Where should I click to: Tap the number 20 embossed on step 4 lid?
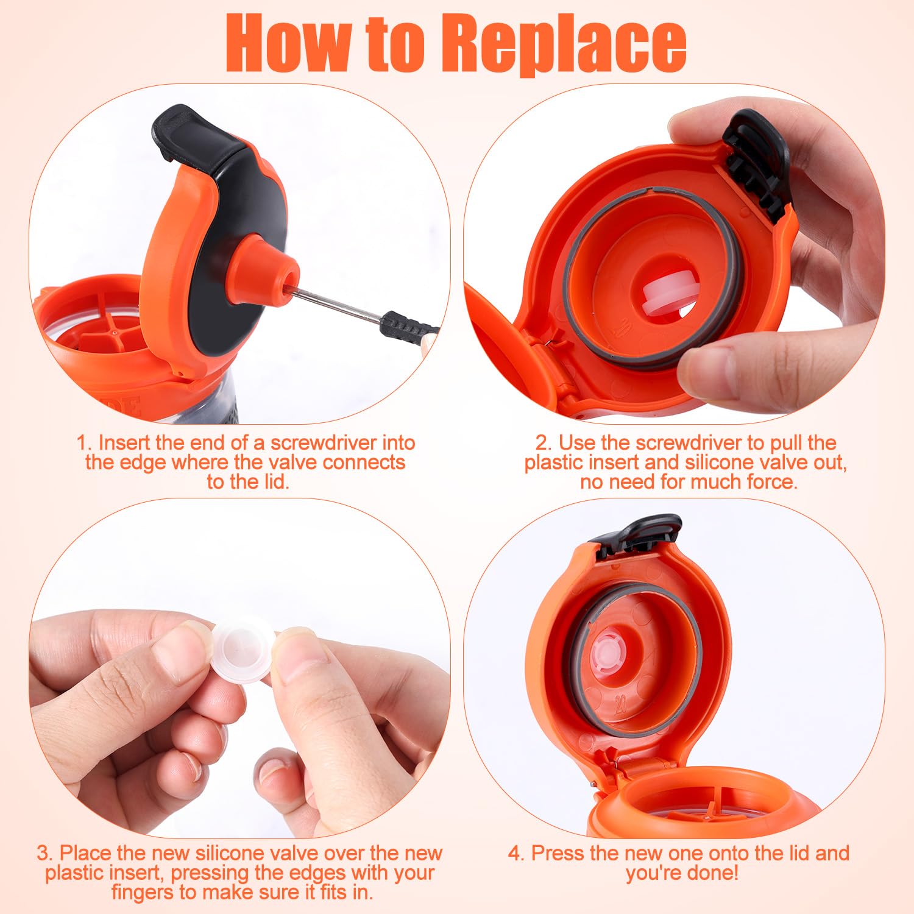point(621,704)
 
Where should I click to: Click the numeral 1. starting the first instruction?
point(85,443)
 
